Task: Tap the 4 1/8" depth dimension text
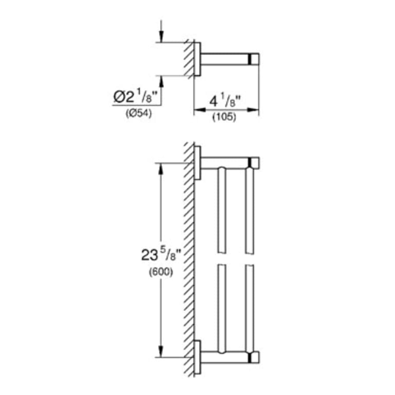click(x=225, y=101)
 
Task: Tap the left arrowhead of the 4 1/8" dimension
click(x=197, y=110)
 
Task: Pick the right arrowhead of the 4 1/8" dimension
click(x=255, y=110)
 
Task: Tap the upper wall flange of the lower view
click(x=198, y=163)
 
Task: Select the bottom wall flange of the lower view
click(x=198, y=357)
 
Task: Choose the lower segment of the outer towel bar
click(x=249, y=307)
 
